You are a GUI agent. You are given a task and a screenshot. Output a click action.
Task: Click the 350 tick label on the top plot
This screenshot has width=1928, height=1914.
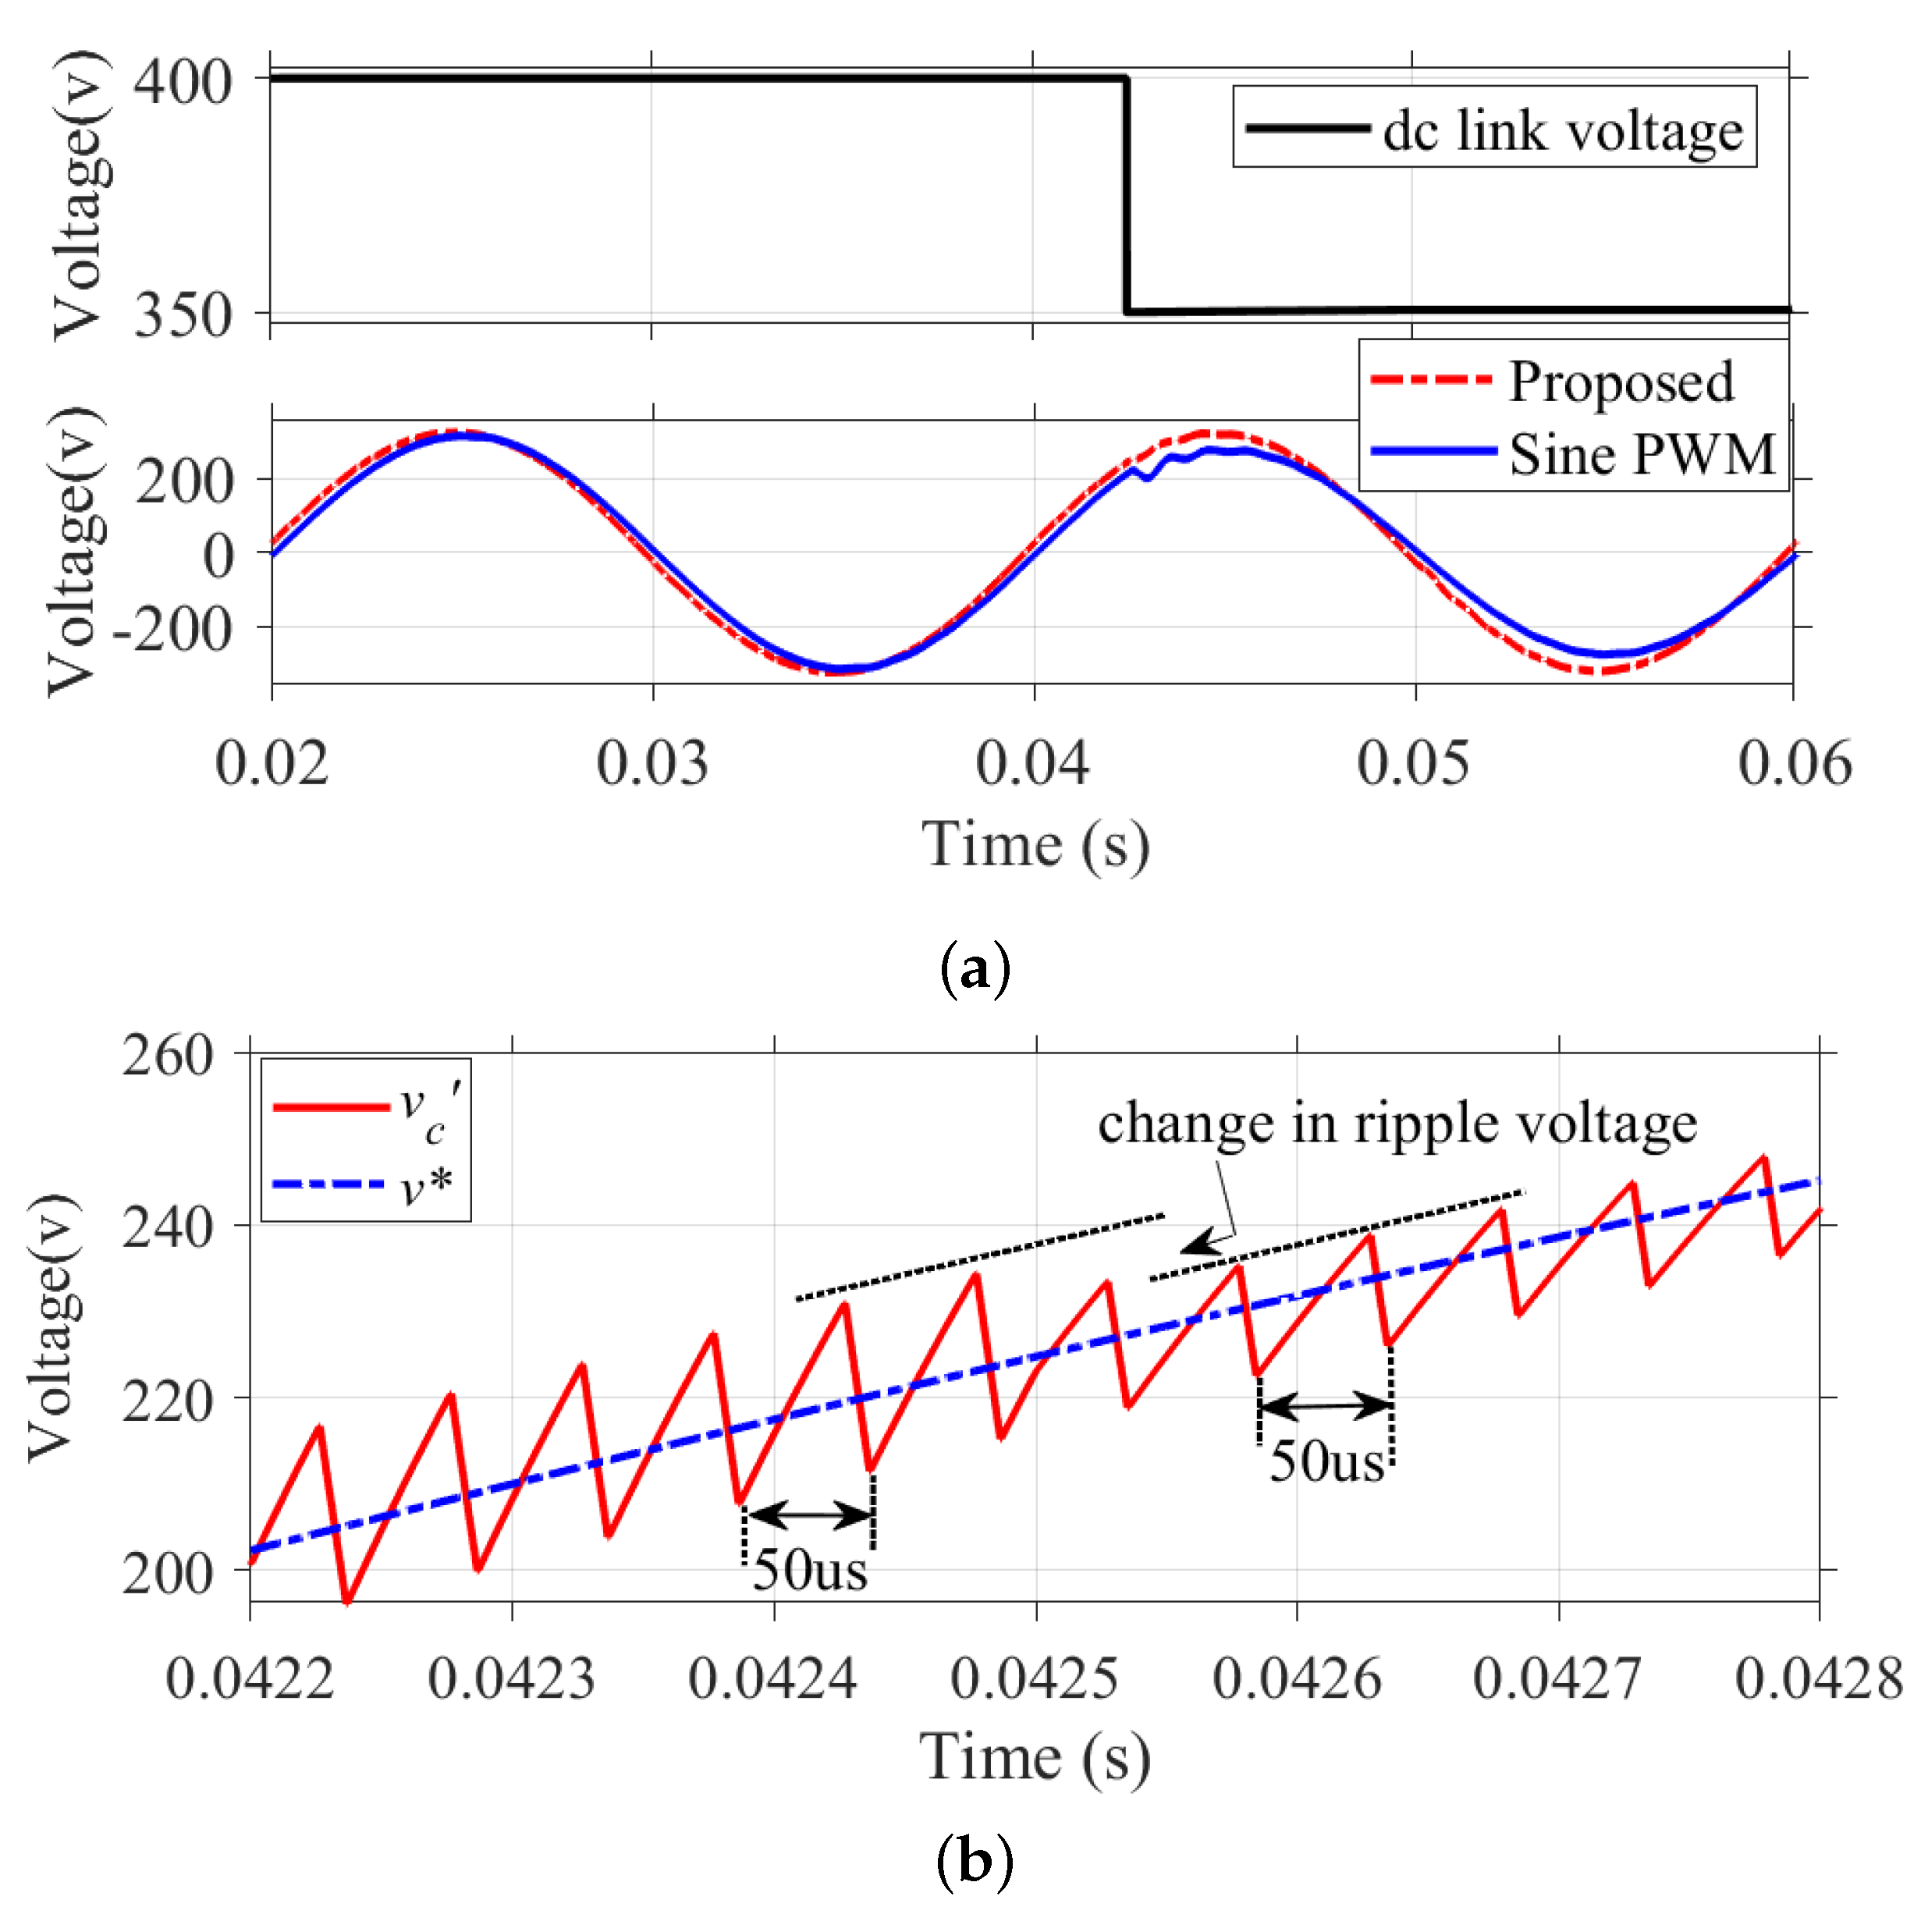[183, 315]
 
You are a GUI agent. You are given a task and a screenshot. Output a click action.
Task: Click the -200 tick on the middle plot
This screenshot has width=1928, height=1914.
[172, 630]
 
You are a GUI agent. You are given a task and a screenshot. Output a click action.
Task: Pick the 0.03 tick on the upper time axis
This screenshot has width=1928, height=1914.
[652, 763]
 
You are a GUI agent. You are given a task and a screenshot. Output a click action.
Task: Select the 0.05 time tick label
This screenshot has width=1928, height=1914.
[1412, 763]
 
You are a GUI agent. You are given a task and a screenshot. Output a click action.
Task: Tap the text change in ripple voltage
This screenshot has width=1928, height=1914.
[1397, 1124]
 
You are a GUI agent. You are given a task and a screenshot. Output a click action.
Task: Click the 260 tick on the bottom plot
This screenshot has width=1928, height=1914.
[168, 1055]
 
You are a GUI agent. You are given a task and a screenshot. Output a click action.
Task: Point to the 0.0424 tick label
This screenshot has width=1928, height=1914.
[772, 1678]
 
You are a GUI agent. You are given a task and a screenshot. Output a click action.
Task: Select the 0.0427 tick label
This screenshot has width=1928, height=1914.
[1557, 1678]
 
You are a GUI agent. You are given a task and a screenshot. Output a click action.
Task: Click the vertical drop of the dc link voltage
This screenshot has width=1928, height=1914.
[1127, 194]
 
